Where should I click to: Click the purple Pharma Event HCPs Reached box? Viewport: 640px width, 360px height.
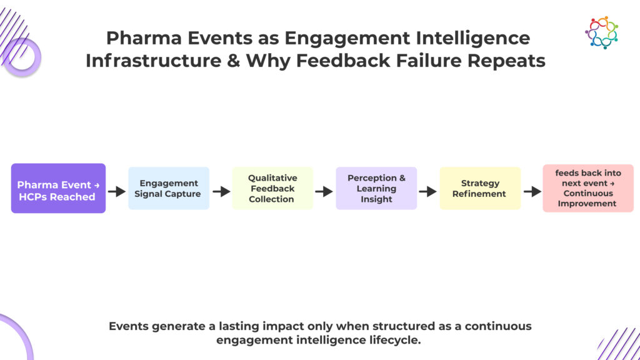58,188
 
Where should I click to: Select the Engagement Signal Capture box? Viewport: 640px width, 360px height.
169,188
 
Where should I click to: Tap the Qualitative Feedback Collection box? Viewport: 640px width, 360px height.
272,188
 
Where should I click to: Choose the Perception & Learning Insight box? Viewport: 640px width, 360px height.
376,188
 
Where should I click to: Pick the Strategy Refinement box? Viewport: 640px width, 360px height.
480,188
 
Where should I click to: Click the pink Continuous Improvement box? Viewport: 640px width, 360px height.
587,188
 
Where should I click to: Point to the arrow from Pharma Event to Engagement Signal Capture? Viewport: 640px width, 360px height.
117,191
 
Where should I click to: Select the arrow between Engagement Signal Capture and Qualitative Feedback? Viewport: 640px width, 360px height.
221,191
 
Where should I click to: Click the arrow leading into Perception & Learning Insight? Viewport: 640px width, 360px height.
324,191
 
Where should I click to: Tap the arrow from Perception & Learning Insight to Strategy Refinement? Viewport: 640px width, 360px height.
428,191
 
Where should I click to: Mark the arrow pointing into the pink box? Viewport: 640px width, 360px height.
532,191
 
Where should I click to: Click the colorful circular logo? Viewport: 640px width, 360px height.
601,32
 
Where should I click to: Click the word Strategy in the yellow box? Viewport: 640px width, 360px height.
480,183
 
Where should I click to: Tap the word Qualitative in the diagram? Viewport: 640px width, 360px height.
272,178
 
